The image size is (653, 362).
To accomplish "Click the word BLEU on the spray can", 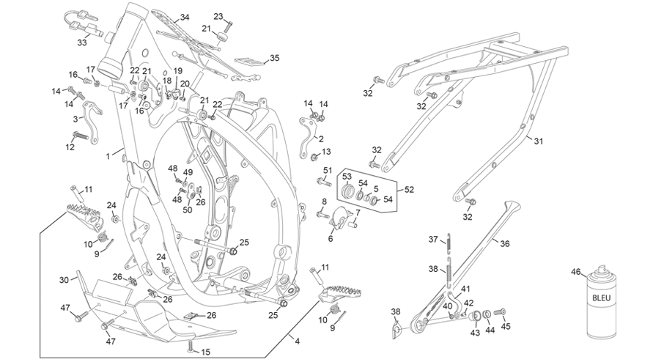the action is (601, 298).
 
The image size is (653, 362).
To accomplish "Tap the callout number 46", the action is (575, 272).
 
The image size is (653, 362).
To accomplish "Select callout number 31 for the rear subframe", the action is (539, 141).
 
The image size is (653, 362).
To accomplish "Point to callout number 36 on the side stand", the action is (505, 244).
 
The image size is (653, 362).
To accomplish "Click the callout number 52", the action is (409, 190).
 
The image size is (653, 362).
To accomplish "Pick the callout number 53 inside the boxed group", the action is (347, 176).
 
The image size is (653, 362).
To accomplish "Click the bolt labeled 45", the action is (499, 312).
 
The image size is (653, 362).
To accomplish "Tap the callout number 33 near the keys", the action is (82, 43).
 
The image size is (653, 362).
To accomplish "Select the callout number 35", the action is (274, 58).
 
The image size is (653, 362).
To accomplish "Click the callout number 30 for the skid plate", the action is (64, 280).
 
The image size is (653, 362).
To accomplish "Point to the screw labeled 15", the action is (191, 345).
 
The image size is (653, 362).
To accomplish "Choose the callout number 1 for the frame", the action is (108, 157).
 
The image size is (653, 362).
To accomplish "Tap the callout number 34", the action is (185, 18).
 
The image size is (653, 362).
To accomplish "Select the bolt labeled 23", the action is (228, 27).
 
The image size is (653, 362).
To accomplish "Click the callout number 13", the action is (326, 152).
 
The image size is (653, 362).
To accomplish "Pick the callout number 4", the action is (297, 341).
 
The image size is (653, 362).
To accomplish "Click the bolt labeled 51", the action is (323, 181).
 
